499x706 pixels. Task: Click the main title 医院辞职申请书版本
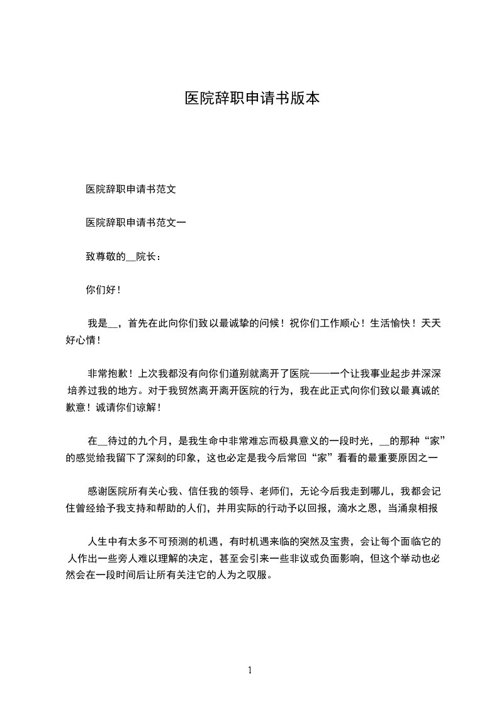coord(252,99)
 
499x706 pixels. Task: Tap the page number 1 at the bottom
coord(250,670)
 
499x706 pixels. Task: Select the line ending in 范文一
coord(135,222)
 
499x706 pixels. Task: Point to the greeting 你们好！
coord(103,290)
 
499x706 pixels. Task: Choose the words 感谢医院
coord(108,491)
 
